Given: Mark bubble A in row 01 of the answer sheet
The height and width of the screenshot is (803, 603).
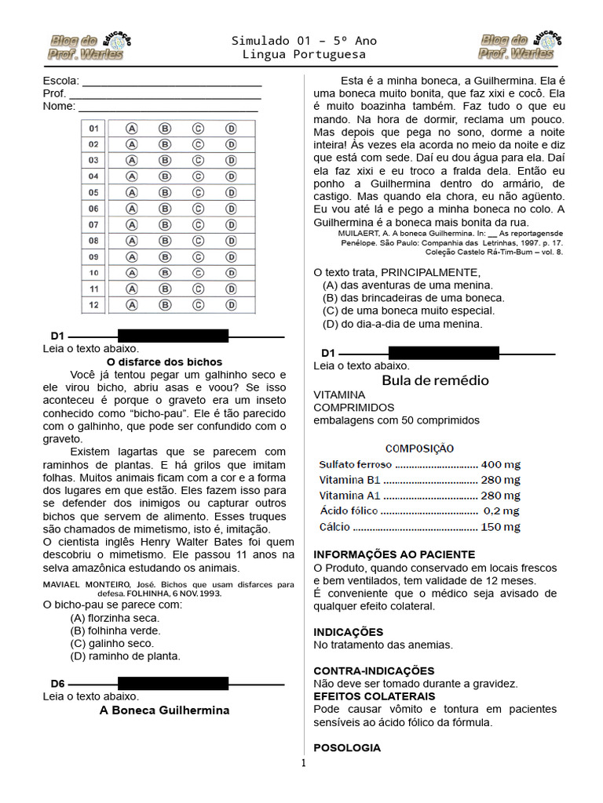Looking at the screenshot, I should pos(132,128).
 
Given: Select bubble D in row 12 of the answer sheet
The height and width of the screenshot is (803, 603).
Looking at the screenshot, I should pos(231,305).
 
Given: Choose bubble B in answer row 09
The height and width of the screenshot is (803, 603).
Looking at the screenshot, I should pos(165,256).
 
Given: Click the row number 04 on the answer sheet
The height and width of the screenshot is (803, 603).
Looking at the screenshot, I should pos(93,176).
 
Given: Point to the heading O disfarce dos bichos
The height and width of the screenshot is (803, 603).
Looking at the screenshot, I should pos(164,362).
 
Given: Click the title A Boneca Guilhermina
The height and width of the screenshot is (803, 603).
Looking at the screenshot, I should pos(164,710).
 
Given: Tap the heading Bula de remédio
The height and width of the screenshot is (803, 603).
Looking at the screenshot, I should pos(434,380).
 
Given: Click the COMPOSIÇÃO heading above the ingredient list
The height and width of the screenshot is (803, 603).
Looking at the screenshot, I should pos(418,449).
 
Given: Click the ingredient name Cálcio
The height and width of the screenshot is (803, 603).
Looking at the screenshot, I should pos(335,527).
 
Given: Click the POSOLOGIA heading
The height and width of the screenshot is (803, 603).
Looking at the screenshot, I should pos(346,748).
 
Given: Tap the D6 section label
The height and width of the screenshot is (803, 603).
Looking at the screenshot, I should pos(58,683).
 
